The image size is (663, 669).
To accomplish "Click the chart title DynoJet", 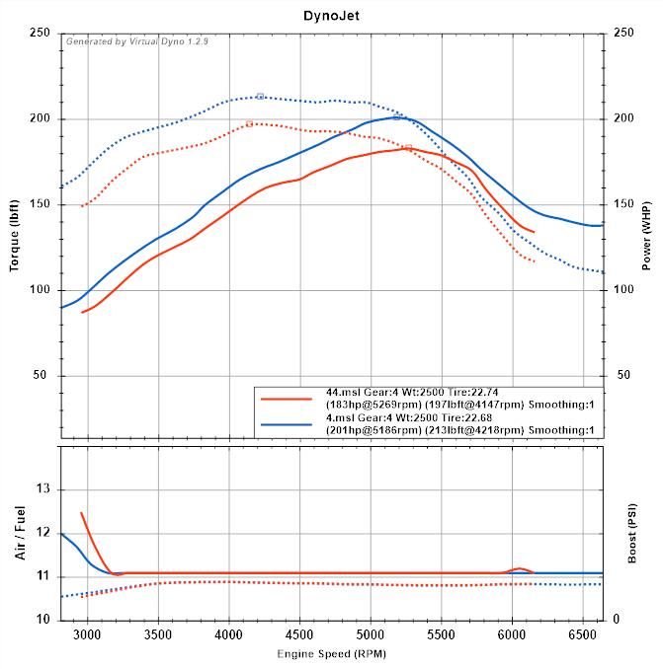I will click(x=331, y=16).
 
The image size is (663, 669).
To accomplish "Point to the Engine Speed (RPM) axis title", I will click(x=331, y=654).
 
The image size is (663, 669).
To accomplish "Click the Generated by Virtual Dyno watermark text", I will click(x=137, y=40).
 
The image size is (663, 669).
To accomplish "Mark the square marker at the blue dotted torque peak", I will click(x=260, y=96).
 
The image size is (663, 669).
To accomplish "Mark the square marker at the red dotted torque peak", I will click(x=249, y=123).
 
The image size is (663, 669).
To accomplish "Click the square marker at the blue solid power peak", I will click(x=396, y=116).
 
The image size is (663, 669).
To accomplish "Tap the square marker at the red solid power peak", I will click(x=408, y=148).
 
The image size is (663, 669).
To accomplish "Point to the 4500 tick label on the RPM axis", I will click(x=299, y=633).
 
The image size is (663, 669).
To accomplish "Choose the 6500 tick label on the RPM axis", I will click(x=583, y=633).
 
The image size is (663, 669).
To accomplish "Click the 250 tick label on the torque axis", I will click(x=40, y=33).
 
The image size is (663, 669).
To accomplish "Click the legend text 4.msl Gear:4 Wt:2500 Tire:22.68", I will click(x=412, y=418).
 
